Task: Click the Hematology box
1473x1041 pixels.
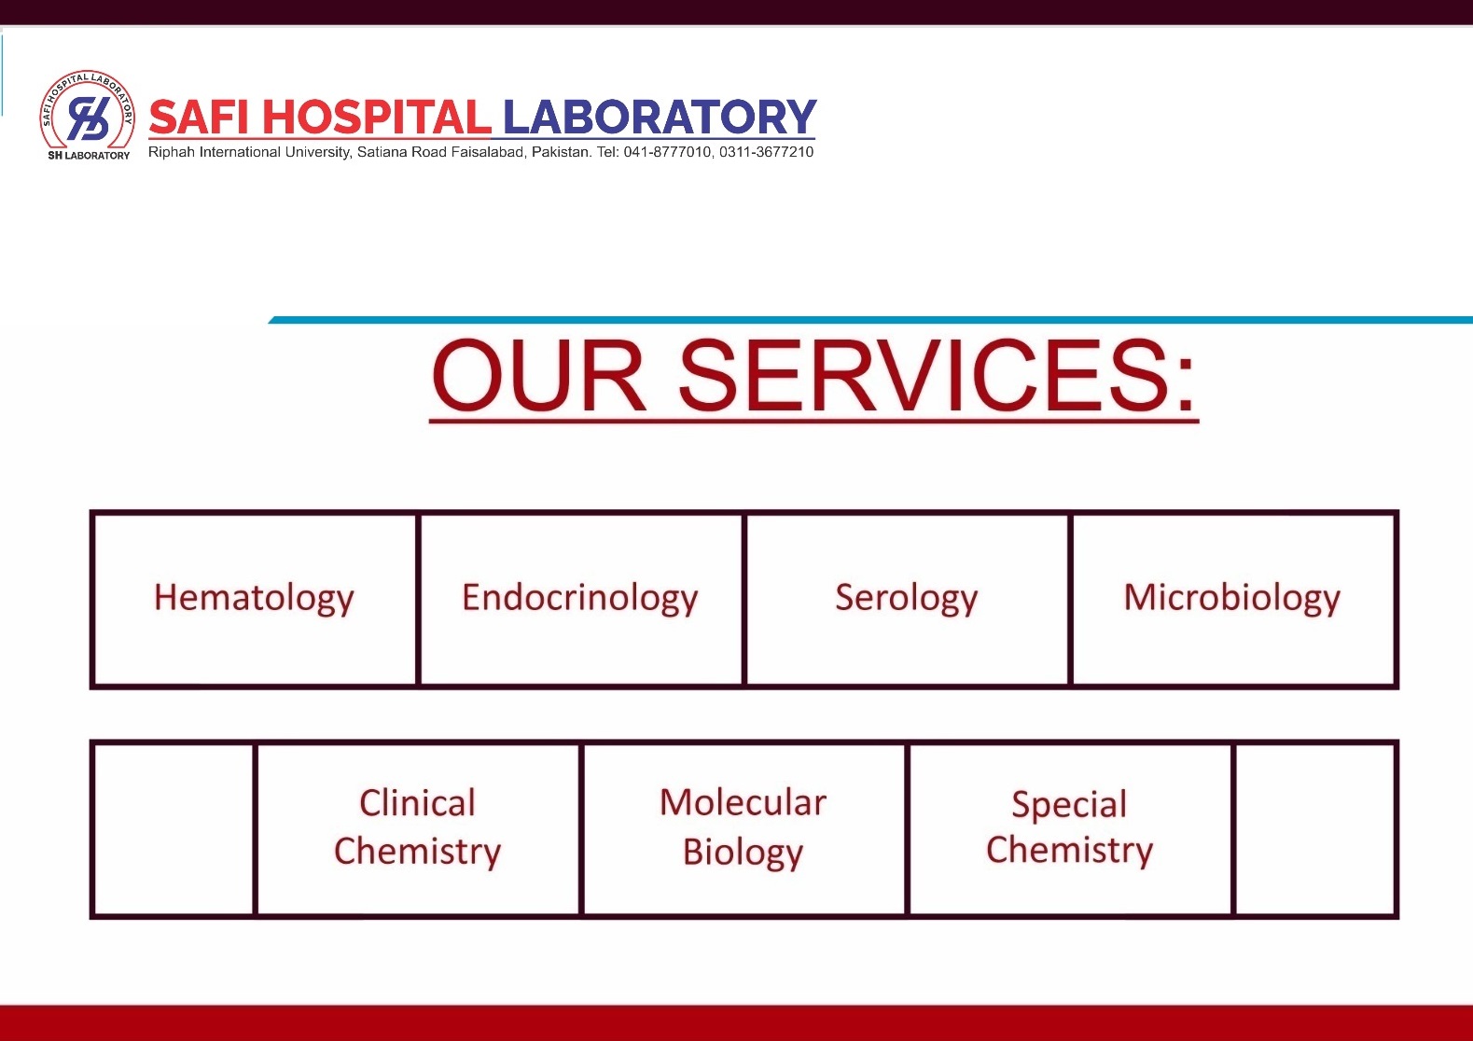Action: [255, 599]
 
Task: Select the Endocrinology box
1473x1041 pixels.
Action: [580, 599]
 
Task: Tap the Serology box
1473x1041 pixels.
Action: [907, 599]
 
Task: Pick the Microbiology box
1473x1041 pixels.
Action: [1232, 599]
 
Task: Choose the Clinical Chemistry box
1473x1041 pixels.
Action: [418, 828]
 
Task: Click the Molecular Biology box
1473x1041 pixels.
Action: [743, 828]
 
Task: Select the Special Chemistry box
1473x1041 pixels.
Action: [1070, 828]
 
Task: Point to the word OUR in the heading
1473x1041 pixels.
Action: [538, 376]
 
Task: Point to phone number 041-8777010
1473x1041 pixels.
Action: [667, 152]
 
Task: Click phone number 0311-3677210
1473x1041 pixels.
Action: [766, 152]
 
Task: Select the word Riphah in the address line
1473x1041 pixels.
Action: [172, 152]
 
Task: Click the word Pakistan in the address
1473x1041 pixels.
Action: [561, 152]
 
